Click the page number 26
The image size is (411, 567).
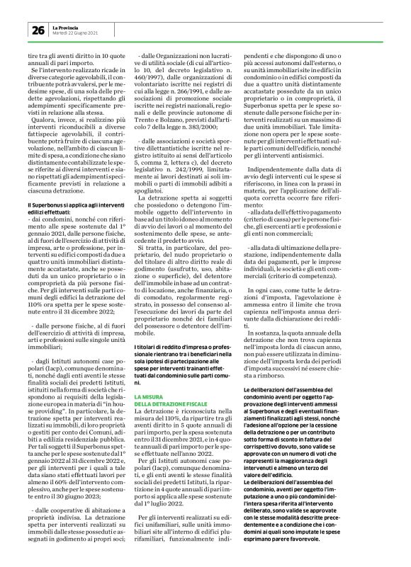[35, 29]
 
